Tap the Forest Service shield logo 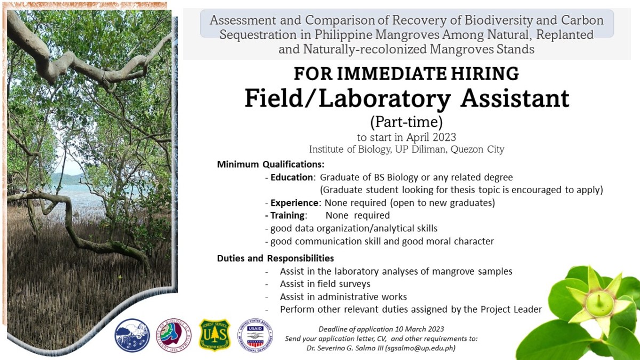point(214,335)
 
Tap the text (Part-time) point(406,122)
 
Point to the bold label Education point(291,177)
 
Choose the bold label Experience point(294,203)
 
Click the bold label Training point(288,215)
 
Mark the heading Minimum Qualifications point(270,164)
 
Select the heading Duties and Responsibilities point(275,258)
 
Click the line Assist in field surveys point(325,284)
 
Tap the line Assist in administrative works point(343,297)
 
